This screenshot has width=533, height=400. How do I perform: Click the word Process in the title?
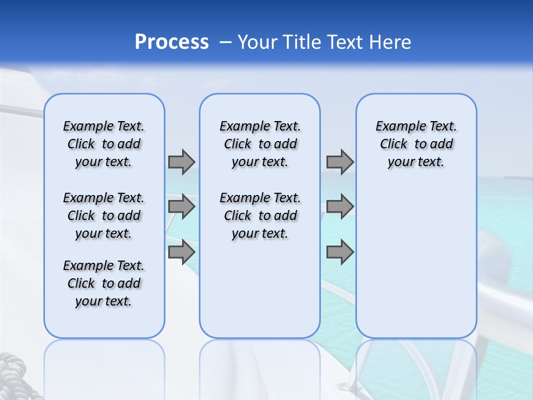(172, 42)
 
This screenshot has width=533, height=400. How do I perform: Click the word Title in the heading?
(299, 42)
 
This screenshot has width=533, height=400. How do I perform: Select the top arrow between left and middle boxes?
(182, 162)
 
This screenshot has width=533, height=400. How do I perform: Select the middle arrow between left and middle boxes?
(182, 207)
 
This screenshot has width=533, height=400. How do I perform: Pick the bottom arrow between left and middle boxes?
(182, 252)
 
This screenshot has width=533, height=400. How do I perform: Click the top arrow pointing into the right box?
(340, 162)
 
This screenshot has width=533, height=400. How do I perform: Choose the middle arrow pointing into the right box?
(340, 207)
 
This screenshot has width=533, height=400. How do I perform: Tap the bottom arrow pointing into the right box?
(340, 252)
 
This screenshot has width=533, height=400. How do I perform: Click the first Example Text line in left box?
(104, 126)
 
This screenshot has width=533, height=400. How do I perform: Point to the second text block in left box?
(104, 216)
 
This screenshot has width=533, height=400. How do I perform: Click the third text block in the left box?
(104, 283)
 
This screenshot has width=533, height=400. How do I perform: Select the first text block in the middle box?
(260, 144)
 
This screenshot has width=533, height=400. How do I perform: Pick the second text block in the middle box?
(260, 216)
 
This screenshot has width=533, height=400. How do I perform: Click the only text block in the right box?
(416, 144)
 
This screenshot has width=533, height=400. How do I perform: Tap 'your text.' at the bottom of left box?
(104, 301)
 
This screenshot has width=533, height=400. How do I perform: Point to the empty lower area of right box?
(416, 267)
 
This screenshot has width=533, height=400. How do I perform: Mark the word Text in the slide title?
(342, 42)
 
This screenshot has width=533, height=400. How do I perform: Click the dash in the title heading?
(225, 42)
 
